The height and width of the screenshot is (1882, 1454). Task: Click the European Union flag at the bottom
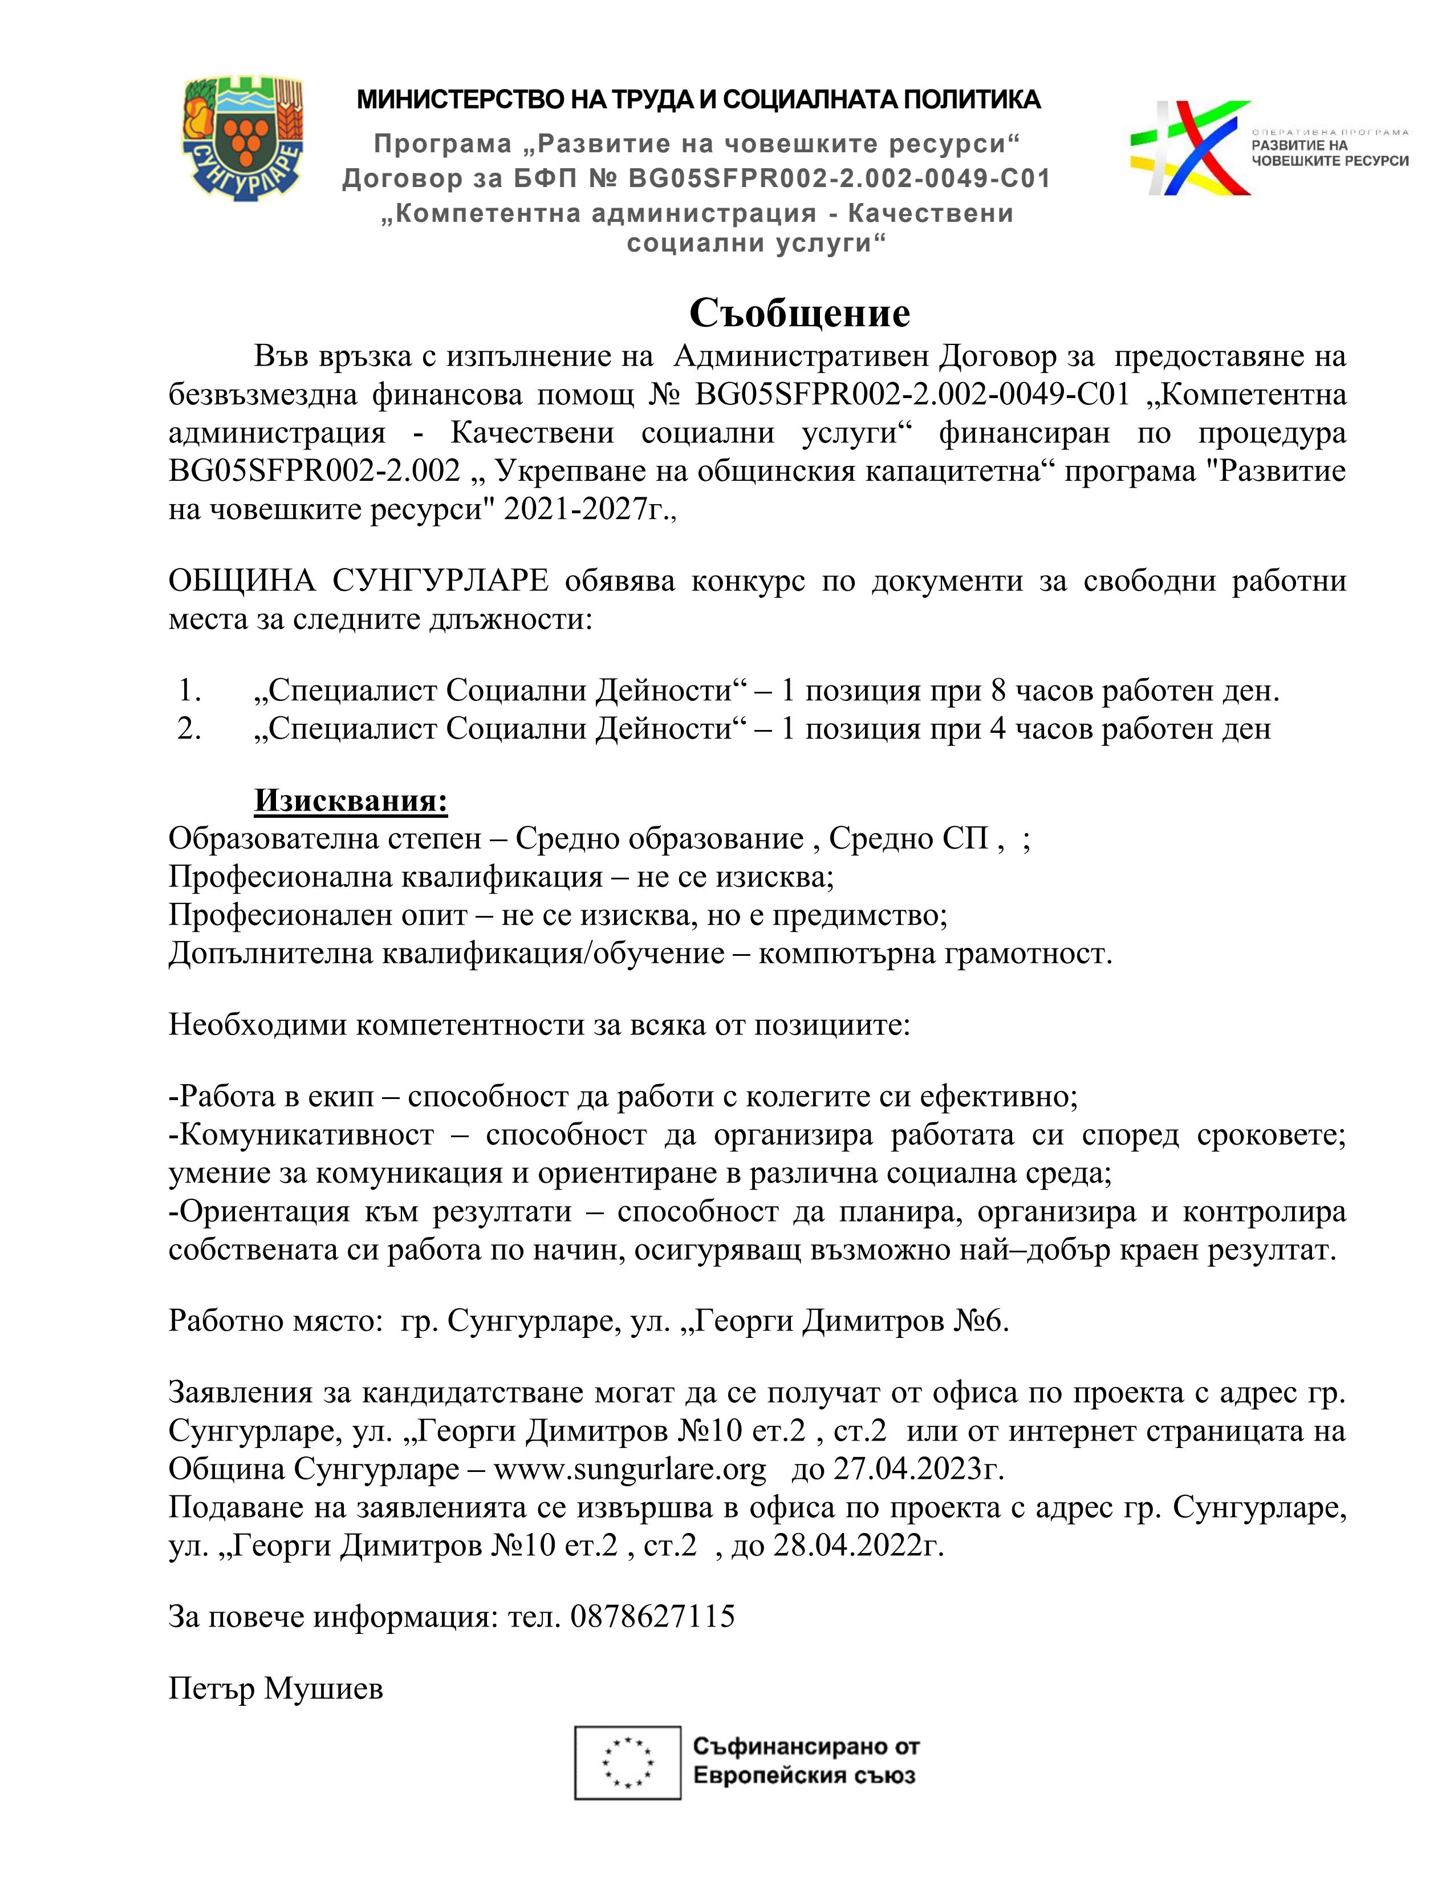pos(628,1763)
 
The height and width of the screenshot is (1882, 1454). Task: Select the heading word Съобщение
pos(799,312)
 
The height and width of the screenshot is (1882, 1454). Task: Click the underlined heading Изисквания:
pos(351,801)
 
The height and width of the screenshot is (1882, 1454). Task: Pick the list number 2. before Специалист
pos(189,729)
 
